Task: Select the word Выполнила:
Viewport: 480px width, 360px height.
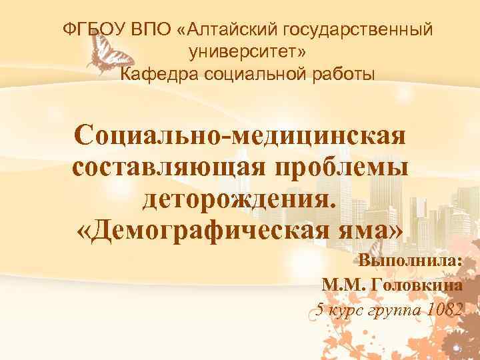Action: pos(411,261)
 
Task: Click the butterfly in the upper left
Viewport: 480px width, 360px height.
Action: pos(104,54)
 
